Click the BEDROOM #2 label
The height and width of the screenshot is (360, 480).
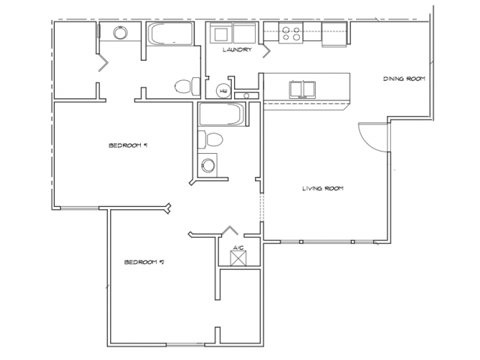[143, 262]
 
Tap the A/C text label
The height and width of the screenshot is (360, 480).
[237, 247]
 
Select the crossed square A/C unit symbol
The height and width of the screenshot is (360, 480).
[238, 259]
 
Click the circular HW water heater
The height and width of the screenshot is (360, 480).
[222, 91]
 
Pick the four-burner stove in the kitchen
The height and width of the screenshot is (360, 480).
[291, 33]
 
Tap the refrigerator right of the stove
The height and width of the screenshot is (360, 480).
[333, 33]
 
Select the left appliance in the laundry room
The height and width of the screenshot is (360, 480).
[220, 34]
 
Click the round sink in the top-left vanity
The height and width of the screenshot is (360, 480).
[121, 33]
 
